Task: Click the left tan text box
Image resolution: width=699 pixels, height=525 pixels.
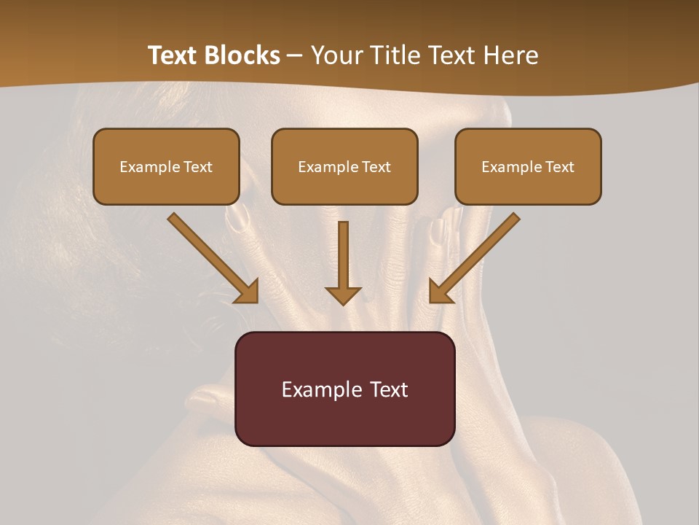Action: [166, 166]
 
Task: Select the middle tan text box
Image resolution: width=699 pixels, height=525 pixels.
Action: [344, 166]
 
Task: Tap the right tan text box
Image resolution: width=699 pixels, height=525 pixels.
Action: [528, 166]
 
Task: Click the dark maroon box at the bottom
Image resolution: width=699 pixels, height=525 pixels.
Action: [344, 389]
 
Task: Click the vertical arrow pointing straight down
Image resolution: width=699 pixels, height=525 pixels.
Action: [343, 259]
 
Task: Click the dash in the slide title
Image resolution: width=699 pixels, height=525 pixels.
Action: [295, 55]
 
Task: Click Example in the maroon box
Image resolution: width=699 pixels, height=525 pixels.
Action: [317, 389]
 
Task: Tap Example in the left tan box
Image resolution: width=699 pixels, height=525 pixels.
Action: [145, 167]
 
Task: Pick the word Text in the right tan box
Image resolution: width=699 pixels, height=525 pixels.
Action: [559, 167]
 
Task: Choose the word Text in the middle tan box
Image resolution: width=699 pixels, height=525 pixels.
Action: [376, 167]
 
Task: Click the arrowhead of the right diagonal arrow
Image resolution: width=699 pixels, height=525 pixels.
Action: [441, 291]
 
